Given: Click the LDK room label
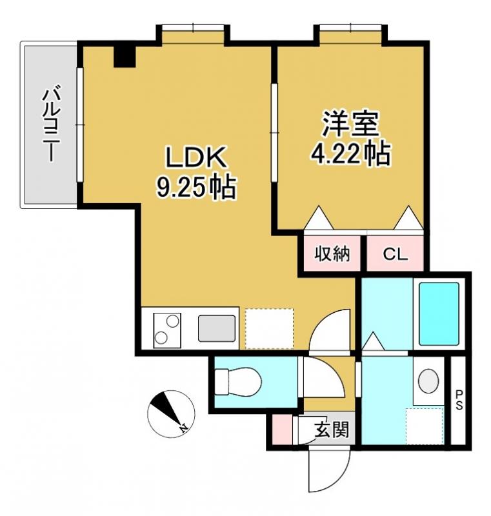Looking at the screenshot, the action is point(196,157).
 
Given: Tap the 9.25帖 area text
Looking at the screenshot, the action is point(196,187).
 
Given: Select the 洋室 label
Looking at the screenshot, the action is point(350,124).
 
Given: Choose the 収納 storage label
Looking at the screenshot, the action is point(332,253).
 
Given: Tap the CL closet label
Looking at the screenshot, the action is point(395,253).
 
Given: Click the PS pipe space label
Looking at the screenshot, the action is point(459,400).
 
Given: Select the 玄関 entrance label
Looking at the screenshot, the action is point(331,430).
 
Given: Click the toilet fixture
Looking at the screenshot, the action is point(237,382).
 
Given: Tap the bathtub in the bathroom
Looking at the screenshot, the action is point(439,313).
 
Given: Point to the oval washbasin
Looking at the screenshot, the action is point(428,381).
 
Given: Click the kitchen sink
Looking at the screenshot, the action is point(217,328).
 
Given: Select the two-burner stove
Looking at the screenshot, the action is point(167,330).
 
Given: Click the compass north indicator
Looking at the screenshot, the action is point(171,413).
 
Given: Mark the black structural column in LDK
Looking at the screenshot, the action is point(125,56).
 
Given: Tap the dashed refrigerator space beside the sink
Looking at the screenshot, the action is point(269,329).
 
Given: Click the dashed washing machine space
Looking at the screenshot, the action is point(425,426).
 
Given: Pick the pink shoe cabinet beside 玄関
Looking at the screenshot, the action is point(283,430).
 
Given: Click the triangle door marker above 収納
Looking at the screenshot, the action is point(318,217).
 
